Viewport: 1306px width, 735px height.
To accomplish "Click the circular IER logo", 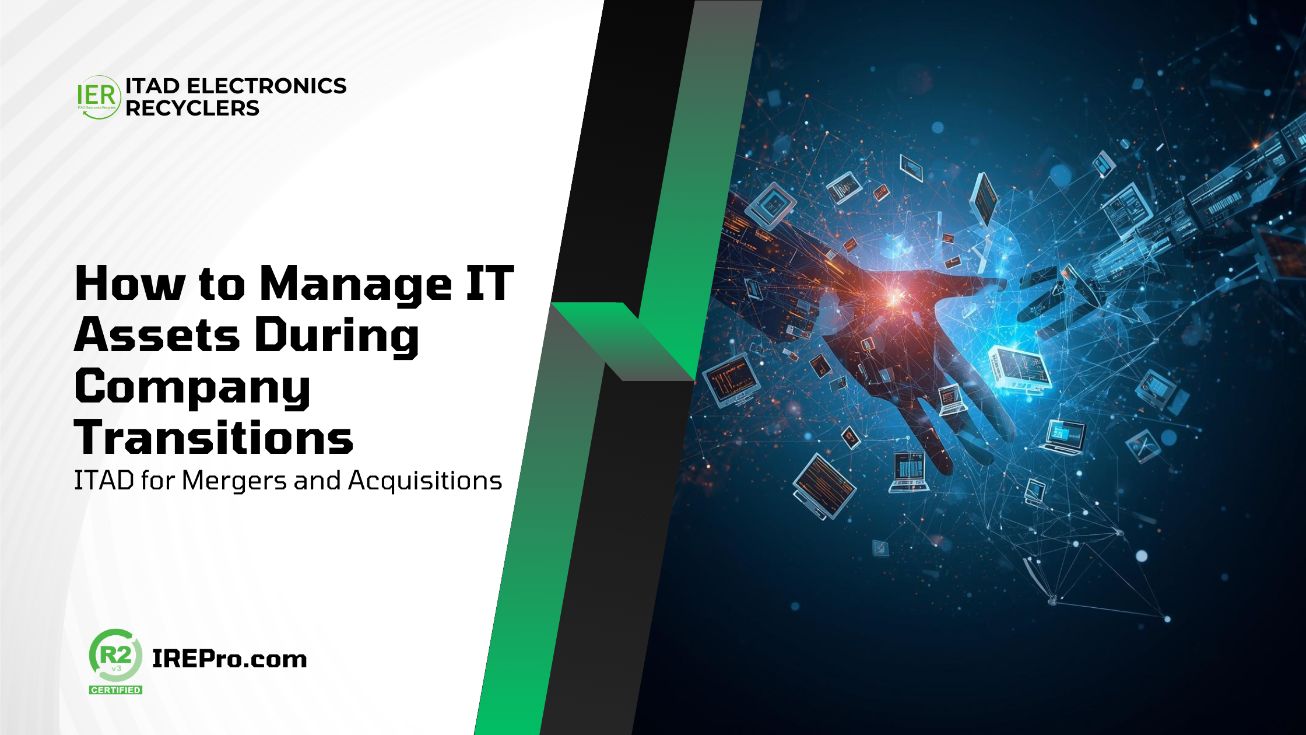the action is tap(99, 97).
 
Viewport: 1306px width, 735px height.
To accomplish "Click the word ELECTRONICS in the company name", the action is tap(266, 86).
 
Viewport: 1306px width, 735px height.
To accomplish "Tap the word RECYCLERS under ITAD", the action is tap(192, 108).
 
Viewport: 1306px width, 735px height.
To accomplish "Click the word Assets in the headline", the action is tap(157, 335).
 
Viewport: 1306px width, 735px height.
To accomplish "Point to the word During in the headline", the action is tap(337, 337).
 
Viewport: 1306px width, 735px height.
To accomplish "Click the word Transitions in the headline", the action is tap(214, 437).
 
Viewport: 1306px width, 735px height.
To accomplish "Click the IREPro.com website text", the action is tap(230, 659).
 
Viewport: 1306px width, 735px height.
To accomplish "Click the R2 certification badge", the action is tap(115, 661).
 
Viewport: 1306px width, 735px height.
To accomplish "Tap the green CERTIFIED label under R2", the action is tap(115, 690).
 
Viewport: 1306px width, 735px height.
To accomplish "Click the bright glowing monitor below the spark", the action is tap(1019, 367).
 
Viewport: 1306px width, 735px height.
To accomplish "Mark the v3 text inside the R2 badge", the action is tap(116, 668).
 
